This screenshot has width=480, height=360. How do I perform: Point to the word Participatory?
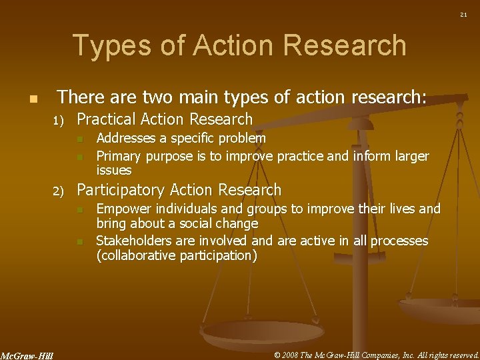[x=124, y=191]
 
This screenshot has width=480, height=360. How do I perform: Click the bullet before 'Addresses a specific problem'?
[x=79, y=139]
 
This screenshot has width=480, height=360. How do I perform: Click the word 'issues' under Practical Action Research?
[x=114, y=170]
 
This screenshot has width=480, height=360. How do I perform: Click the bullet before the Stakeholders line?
[x=79, y=241]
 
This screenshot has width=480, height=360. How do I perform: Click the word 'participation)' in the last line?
[x=217, y=256]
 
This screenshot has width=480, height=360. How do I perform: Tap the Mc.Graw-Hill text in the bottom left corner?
[x=27, y=355]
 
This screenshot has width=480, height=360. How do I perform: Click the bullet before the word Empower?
[x=79, y=210]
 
